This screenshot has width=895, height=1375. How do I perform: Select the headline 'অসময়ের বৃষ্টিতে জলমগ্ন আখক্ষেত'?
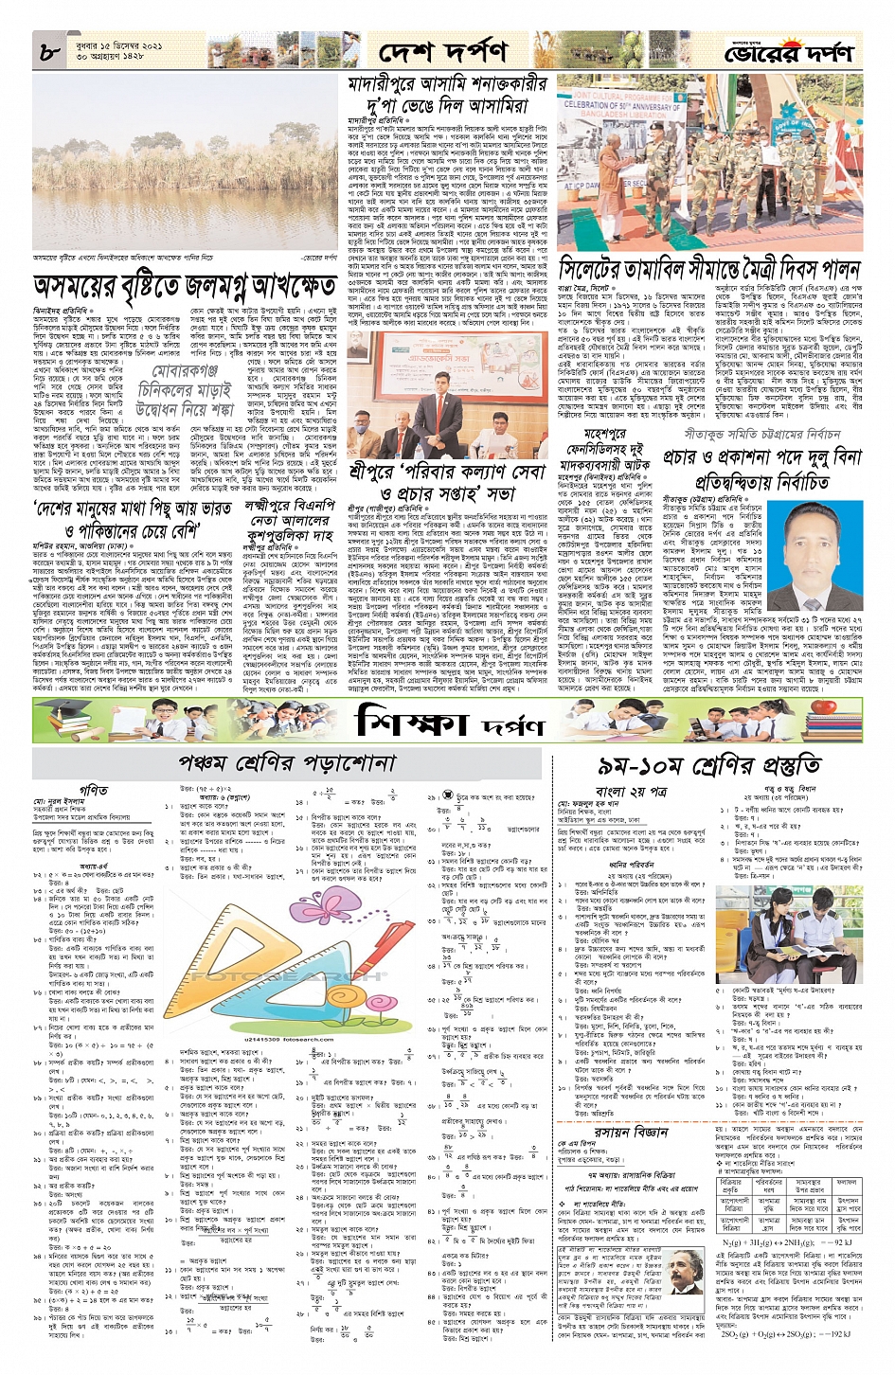[x=185, y=286]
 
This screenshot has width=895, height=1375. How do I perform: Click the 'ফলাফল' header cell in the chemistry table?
[x=846, y=1182]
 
